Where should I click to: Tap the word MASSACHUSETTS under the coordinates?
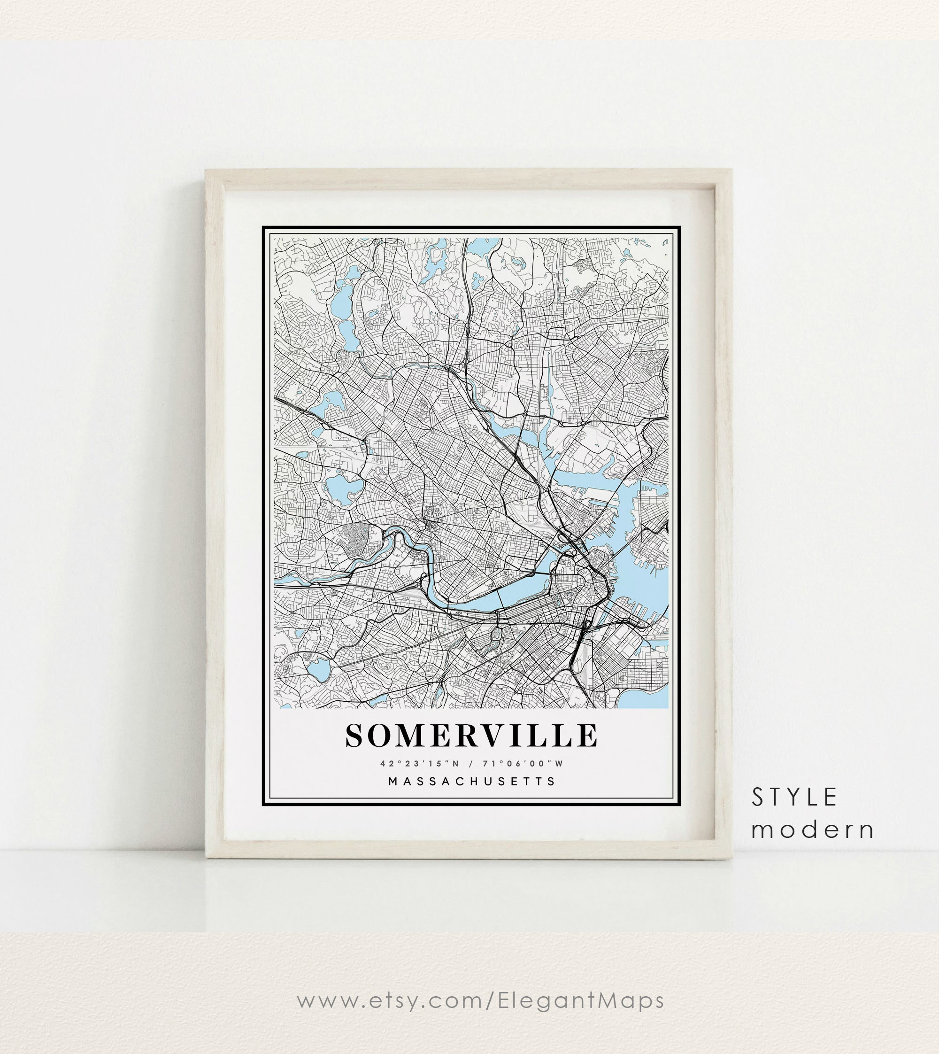pyautogui.click(x=471, y=782)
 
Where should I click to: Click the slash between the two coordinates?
pyautogui.click(x=471, y=763)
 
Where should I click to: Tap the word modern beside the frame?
pyautogui.click(x=812, y=830)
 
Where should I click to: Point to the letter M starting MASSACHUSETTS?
pyautogui.click(x=393, y=782)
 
